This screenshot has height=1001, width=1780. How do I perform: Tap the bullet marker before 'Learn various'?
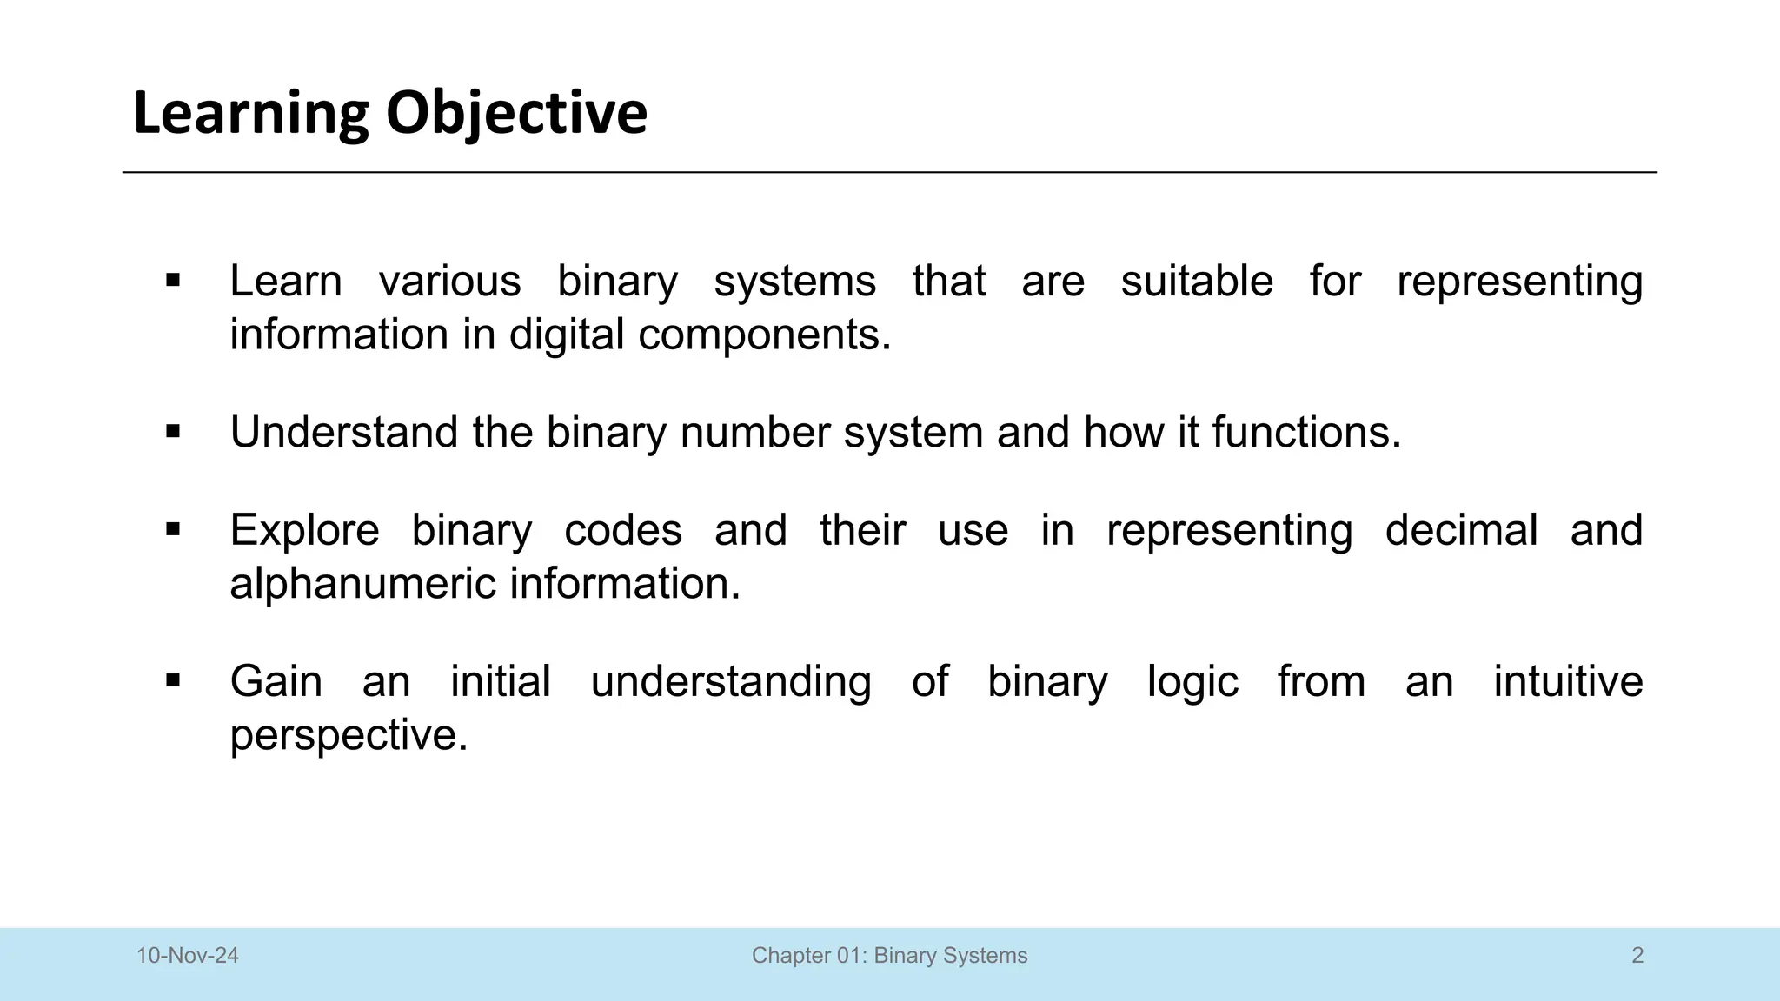point(173,281)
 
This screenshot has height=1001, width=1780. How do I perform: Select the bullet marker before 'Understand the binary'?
point(173,432)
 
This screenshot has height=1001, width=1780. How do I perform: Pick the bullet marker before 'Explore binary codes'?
point(173,529)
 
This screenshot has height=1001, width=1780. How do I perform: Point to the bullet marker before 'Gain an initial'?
point(173,680)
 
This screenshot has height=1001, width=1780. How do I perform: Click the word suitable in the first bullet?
point(1196,281)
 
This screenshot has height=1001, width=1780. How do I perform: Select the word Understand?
point(343,432)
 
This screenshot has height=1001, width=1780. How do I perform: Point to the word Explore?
point(304,530)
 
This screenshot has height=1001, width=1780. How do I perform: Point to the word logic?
point(1192,682)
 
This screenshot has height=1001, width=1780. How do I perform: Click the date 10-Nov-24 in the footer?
point(188,956)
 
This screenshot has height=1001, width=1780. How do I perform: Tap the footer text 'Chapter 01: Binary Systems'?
point(889,956)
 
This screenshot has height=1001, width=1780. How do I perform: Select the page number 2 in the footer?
point(1637,956)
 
